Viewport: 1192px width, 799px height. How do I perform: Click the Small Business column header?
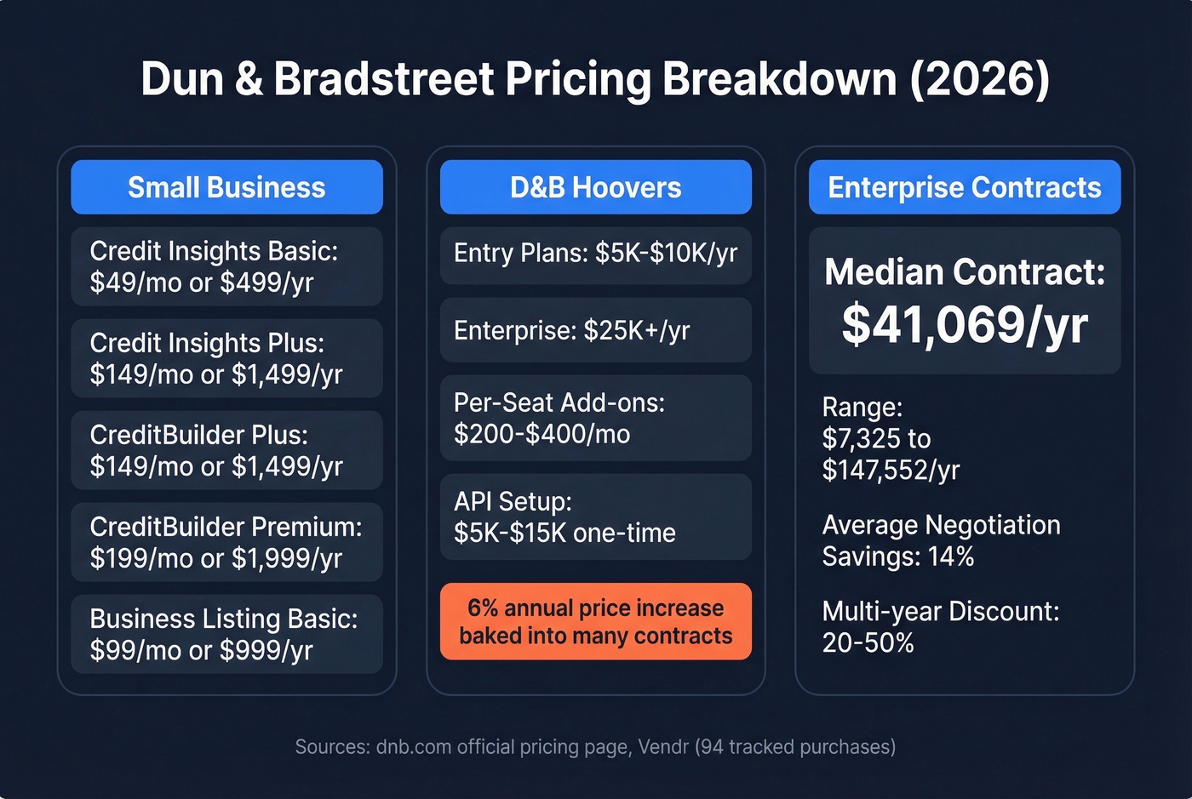(226, 187)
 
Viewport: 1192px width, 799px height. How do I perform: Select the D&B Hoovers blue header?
(595, 187)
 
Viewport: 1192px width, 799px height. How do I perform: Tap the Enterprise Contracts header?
(964, 187)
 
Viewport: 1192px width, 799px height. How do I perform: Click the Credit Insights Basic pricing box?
(226, 266)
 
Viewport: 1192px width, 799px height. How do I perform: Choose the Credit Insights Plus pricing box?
(226, 358)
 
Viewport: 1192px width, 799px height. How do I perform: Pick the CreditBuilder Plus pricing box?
(226, 450)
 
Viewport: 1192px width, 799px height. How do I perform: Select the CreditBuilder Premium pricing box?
(226, 542)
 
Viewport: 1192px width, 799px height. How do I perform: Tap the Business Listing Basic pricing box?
(226, 634)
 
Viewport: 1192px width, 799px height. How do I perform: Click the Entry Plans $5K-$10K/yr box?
(595, 254)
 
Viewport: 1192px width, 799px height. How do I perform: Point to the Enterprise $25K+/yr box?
(595, 330)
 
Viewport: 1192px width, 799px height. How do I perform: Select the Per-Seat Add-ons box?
(595, 418)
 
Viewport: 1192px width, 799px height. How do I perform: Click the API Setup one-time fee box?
(595, 516)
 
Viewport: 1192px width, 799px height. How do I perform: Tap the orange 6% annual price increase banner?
(595, 621)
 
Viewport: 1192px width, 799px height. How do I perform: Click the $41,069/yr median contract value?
(964, 325)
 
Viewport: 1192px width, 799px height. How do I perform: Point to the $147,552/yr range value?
(891, 471)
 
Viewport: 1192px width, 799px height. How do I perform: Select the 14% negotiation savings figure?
(951, 557)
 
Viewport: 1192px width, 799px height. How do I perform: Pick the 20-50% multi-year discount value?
(868, 643)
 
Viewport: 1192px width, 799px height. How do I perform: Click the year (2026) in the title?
(979, 79)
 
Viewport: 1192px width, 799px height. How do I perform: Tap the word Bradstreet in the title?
(383, 79)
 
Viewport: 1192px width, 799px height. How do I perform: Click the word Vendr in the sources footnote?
(662, 747)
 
